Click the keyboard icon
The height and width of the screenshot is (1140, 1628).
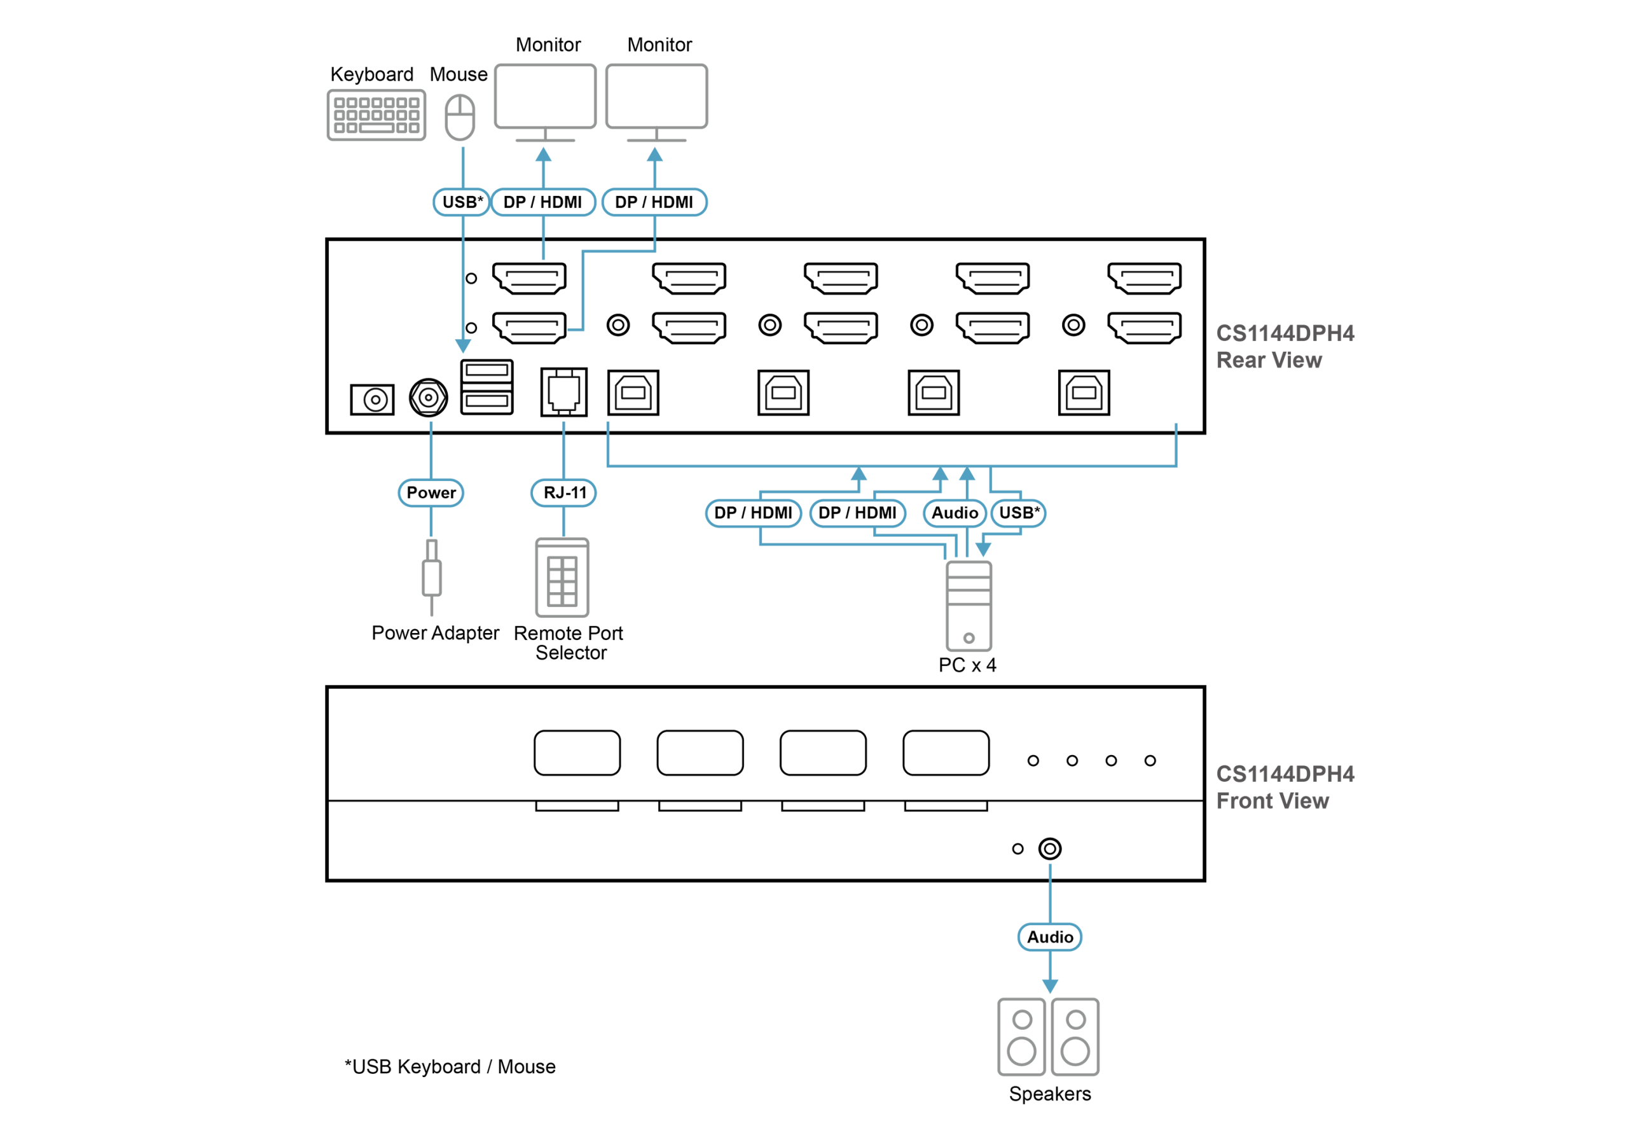click(376, 115)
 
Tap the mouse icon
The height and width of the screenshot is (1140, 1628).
click(460, 117)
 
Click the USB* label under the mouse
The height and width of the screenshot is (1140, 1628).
click(462, 202)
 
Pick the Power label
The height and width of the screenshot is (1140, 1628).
click(431, 492)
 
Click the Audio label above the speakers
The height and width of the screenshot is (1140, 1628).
click(1050, 937)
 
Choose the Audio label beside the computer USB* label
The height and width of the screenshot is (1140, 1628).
click(955, 513)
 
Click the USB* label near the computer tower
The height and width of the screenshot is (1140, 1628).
click(1019, 513)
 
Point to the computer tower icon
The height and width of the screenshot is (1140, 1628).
click(969, 606)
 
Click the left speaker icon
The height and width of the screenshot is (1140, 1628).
click(1021, 1037)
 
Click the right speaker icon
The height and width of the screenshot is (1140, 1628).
click(1075, 1037)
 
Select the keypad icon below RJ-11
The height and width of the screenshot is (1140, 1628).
click(562, 578)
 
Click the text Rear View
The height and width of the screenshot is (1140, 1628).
click(1269, 360)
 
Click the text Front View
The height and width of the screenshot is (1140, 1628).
click(1272, 801)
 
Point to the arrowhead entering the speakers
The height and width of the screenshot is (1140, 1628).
click(1050, 986)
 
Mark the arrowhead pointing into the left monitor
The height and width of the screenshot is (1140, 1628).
click(543, 155)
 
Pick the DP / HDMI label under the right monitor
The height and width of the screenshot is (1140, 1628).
click(654, 202)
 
